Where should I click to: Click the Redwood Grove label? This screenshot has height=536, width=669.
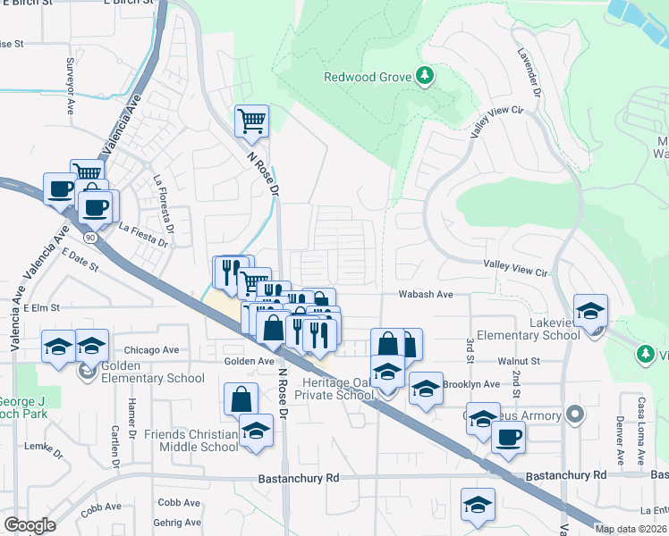[368, 77]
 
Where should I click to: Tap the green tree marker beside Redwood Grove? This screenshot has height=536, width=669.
[426, 76]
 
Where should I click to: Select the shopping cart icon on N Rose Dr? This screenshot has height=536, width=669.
[252, 120]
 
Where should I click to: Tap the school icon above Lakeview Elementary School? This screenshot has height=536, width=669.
[590, 310]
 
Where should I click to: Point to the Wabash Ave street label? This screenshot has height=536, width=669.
[428, 294]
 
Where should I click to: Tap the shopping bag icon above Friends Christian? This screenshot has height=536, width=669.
[241, 398]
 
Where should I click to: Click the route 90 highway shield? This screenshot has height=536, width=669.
[91, 213]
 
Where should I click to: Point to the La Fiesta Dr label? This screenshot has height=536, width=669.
[143, 236]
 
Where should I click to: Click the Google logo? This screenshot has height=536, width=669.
[30, 524]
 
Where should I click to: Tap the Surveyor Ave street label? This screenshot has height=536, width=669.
[70, 86]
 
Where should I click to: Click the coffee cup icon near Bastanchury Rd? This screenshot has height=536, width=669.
[508, 437]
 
